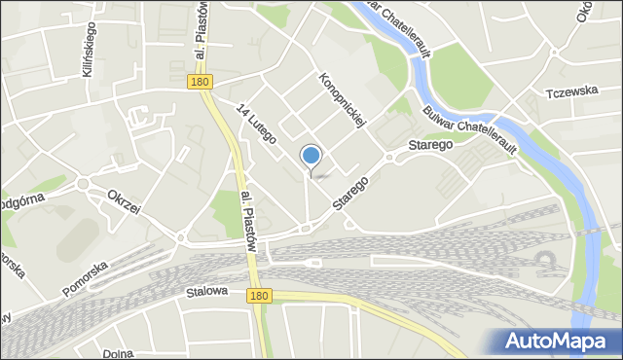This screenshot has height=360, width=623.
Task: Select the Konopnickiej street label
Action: click(x=341, y=101)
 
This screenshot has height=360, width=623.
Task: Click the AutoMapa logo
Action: click(x=555, y=341)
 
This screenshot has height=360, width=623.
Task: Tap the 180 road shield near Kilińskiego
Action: click(x=199, y=84)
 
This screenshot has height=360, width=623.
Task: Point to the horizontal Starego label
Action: click(x=431, y=144)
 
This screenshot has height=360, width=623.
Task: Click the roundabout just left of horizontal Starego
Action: click(x=388, y=156)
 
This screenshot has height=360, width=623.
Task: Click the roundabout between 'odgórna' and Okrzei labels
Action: click(x=83, y=183)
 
